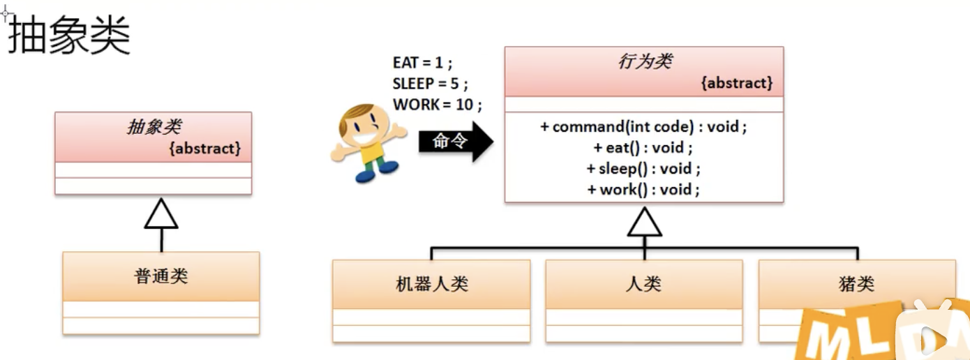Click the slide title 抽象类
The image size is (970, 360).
tap(69, 36)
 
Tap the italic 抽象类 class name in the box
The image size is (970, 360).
tap(154, 126)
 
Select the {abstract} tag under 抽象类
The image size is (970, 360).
tap(205, 148)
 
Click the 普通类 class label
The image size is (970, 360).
tap(161, 276)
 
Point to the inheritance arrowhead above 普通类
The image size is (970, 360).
tap(161, 214)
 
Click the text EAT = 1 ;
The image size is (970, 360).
tap(422, 63)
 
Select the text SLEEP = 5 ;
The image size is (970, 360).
tap(430, 84)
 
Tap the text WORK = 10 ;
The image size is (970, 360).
tap(438, 105)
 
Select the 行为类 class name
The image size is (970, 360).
tap(644, 61)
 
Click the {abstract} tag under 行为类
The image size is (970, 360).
tap(737, 83)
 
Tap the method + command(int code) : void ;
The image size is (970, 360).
tap(643, 127)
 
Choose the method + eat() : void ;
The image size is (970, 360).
tap(643, 148)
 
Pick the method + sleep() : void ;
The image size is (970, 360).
tap(643, 169)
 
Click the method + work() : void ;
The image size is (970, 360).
tap(643, 190)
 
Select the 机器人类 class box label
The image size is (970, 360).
tap(431, 284)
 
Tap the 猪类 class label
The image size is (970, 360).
tap(856, 284)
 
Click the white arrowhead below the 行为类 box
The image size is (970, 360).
tap(644, 223)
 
